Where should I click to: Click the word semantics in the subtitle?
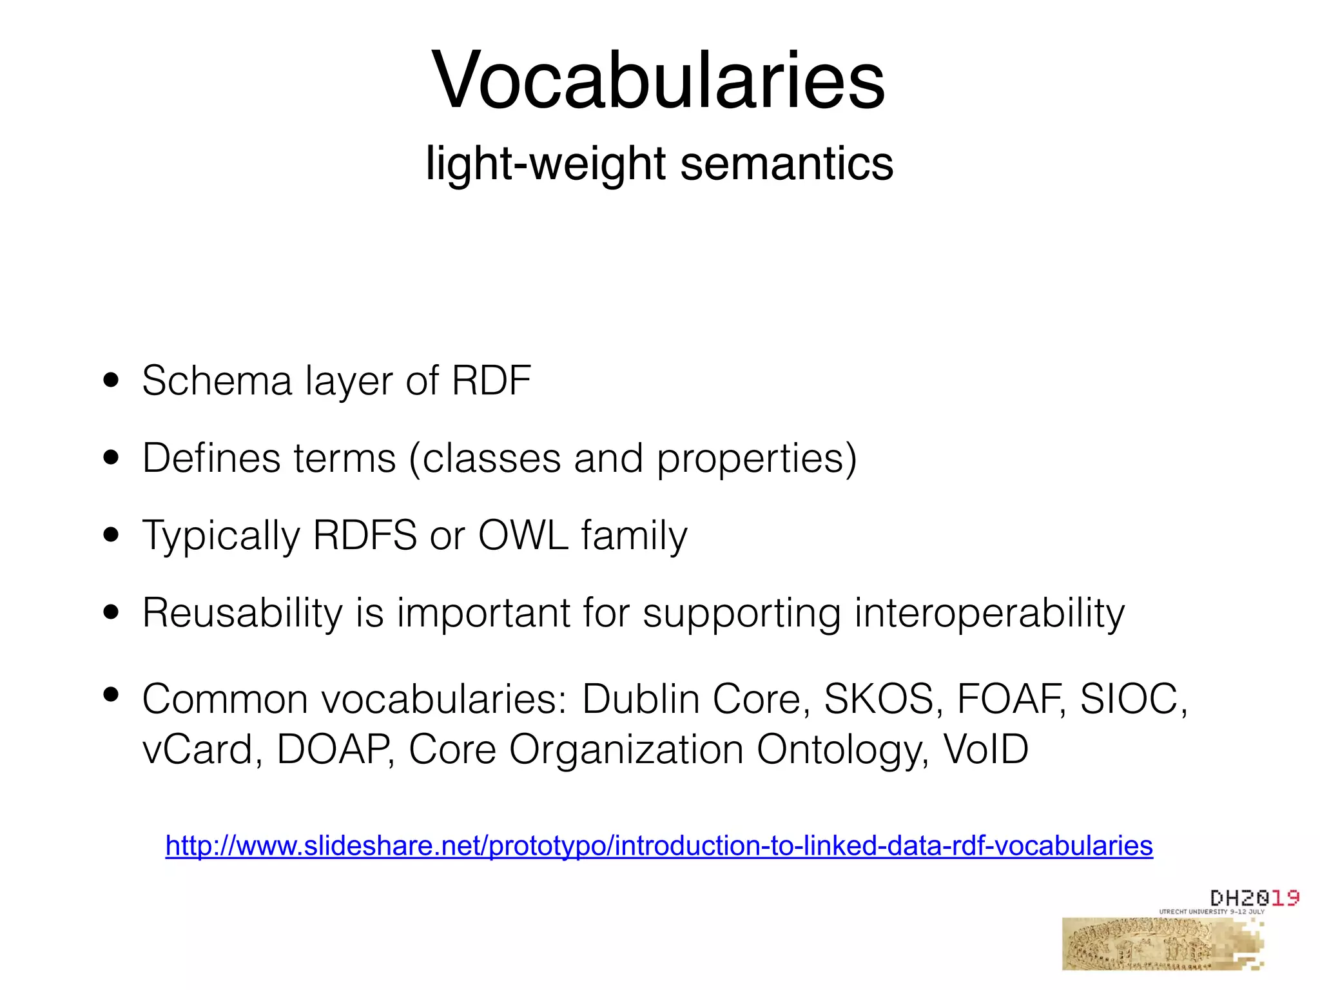pos(787,163)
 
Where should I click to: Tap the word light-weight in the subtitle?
pos(545,164)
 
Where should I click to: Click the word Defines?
pos(211,458)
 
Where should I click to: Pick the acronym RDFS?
pos(365,536)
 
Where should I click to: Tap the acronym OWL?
pos(523,536)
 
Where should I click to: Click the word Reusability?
pos(242,613)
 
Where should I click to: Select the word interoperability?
pos(989,613)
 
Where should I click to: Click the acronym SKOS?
pos(879,699)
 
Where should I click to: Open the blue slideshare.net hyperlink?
pos(659,846)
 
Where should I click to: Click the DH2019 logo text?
pos(1254,898)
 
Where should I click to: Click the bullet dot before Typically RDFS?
pos(112,535)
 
